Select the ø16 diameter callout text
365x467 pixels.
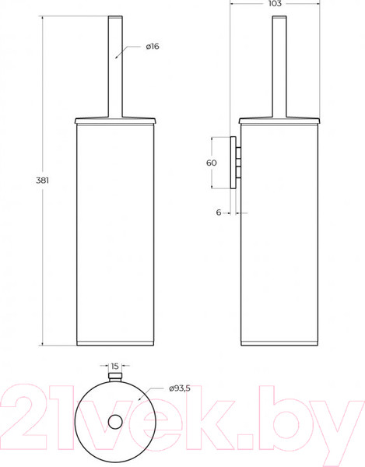[153, 47]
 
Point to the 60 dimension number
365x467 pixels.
[210, 163]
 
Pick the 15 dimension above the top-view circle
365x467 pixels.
[114, 366]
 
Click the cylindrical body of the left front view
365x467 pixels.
[114, 233]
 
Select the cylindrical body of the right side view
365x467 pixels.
[279, 233]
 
